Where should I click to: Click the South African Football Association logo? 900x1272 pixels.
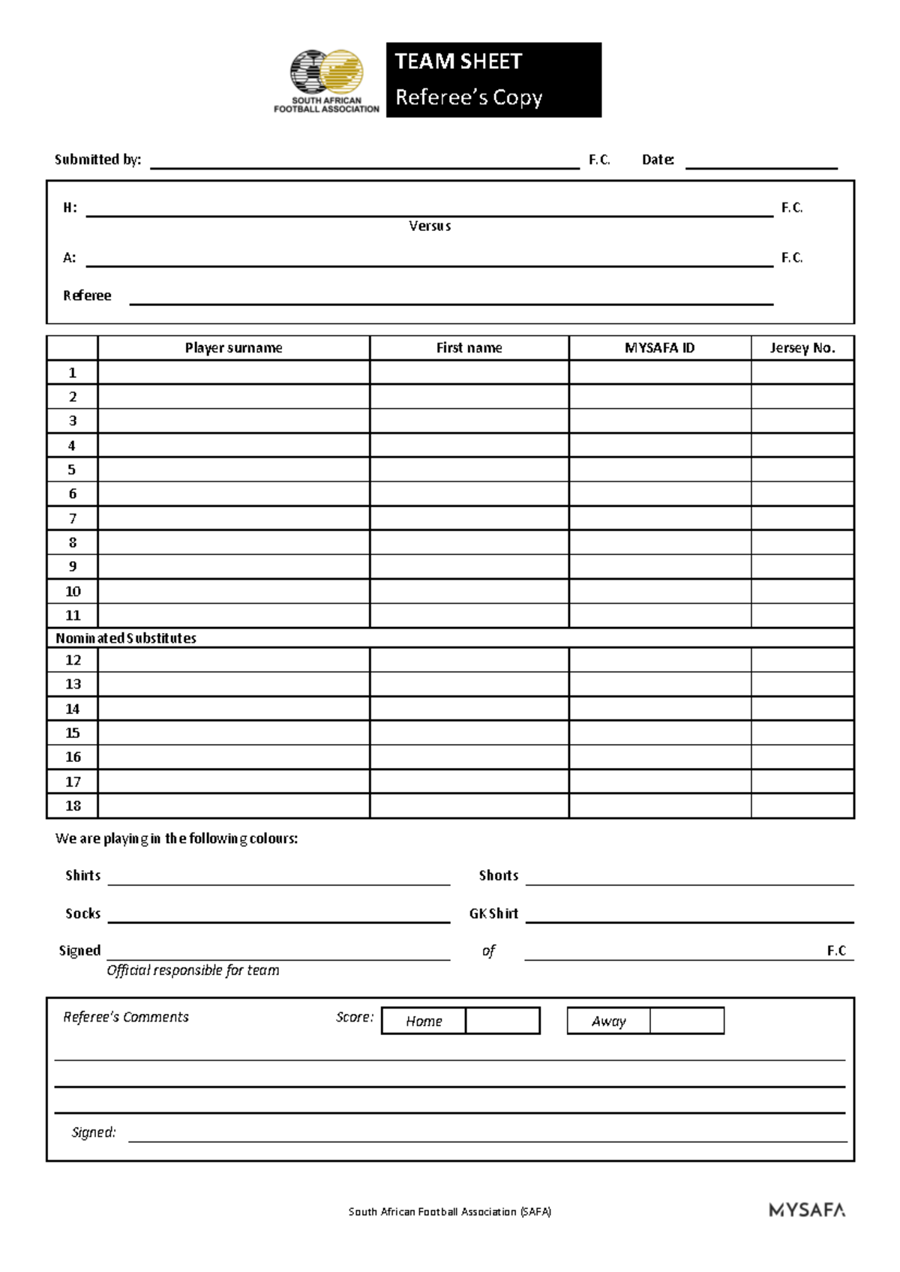point(327,81)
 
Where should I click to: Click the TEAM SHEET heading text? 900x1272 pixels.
point(458,61)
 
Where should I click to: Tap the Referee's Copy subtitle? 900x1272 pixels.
point(469,97)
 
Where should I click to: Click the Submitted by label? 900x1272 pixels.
point(97,160)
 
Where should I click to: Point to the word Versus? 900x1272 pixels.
point(430,226)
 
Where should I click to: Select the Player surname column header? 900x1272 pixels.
point(233,348)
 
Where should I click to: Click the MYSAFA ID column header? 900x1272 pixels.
point(659,348)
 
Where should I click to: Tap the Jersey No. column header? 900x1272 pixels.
point(802,348)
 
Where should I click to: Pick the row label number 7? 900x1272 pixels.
point(73,518)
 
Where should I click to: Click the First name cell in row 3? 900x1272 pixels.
point(469,421)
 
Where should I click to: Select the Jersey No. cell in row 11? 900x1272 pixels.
point(802,615)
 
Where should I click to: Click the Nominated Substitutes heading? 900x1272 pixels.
point(126,638)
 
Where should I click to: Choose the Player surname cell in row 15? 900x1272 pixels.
point(233,733)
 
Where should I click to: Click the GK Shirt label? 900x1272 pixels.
point(493,913)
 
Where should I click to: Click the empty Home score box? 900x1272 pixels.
point(502,1021)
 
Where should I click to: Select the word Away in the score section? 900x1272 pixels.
point(608,1021)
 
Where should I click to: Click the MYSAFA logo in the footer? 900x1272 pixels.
point(807,1210)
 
